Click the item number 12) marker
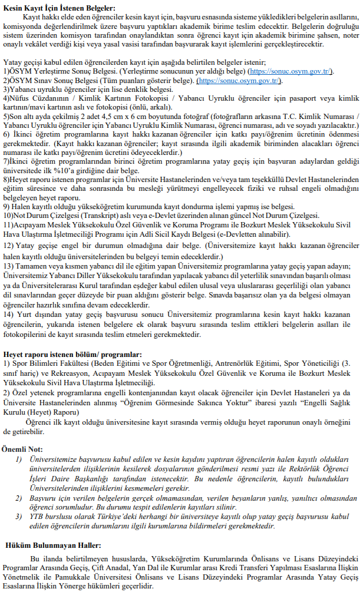coord(9,244)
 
